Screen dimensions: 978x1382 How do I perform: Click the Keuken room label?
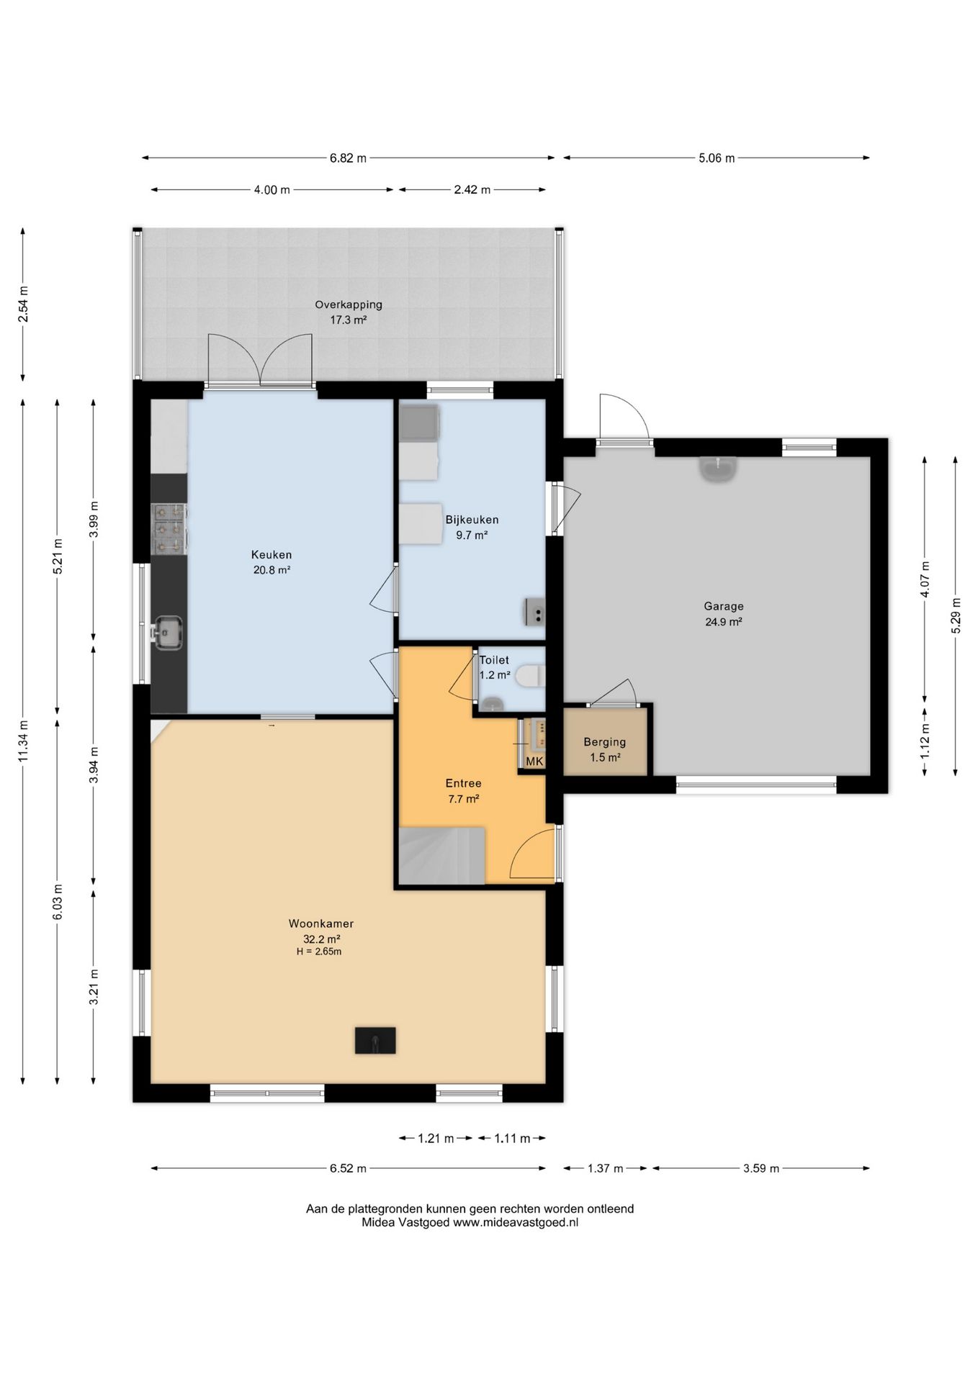click(x=272, y=555)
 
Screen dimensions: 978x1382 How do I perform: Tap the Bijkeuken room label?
click(x=472, y=520)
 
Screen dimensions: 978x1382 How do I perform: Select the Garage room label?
click(x=724, y=607)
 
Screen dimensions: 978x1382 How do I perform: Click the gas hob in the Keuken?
click(x=169, y=530)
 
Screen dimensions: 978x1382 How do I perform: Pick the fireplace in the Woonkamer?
click(x=375, y=1041)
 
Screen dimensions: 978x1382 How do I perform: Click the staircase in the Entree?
click(x=441, y=856)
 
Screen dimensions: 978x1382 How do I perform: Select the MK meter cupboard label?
click(x=535, y=762)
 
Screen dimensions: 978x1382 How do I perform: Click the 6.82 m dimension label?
click(x=348, y=158)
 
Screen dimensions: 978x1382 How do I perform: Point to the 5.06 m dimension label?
click(x=717, y=158)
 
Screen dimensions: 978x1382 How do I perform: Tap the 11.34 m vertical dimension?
click(x=23, y=741)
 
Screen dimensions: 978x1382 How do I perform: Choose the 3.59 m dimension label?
click(x=761, y=1168)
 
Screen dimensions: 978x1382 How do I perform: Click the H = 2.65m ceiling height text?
click(x=319, y=952)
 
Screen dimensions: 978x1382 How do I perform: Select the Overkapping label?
click(x=349, y=304)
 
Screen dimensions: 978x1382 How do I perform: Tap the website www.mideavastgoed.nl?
click(x=516, y=1222)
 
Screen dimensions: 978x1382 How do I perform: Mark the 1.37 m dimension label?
click(x=605, y=1168)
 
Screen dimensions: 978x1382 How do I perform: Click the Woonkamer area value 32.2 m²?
click(x=321, y=939)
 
